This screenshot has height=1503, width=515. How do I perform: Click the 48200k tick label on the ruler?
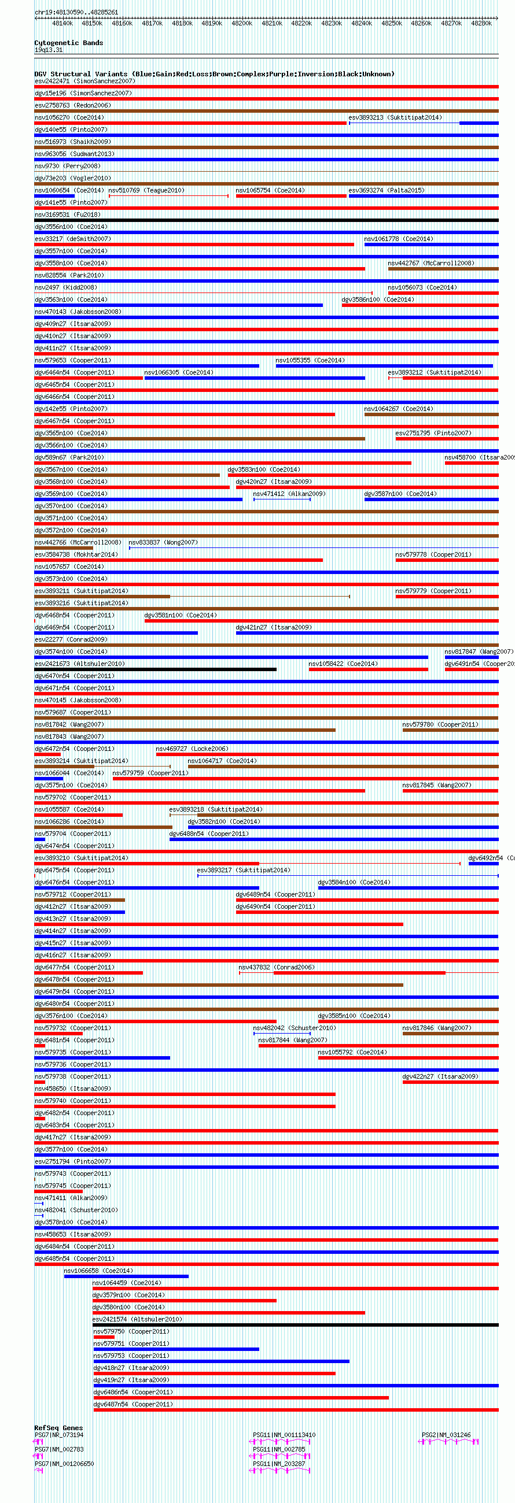pyautogui.click(x=242, y=23)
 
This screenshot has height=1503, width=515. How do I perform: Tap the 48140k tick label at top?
pyautogui.click(x=62, y=23)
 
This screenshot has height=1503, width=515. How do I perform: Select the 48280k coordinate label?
pyautogui.click(x=481, y=23)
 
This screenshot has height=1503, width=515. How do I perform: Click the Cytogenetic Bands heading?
pyautogui.click(x=68, y=43)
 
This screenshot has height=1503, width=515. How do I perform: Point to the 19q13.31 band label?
pyautogui.click(x=49, y=50)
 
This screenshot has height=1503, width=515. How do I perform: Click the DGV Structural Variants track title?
pyautogui.click(x=214, y=74)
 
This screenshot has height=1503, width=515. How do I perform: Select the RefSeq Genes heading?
pyautogui.click(x=58, y=1428)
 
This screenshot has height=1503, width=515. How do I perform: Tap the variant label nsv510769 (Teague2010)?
pyautogui.click(x=146, y=190)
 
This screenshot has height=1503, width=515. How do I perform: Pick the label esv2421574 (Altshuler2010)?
pyautogui.click(x=137, y=1319)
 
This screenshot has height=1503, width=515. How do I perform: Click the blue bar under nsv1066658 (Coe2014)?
pyautogui.click(x=126, y=1276)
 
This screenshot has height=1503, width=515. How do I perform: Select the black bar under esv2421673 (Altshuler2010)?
pyautogui.click(x=155, y=669)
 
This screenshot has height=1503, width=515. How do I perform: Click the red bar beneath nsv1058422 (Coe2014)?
pyautogui.click(x=368, y=669)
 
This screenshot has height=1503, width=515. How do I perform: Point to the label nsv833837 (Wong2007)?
pyautogui.click(x=163, y=543)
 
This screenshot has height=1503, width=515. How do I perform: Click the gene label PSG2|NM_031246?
pyautogui.click(x=446, y=1435)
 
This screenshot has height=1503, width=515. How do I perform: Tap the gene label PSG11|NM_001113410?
pyautogui.click(x=284, y=1435)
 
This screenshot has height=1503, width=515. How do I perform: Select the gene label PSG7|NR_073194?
pyautogui.click(x=59, y=1435)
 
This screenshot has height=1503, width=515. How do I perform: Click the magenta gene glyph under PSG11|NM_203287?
pyautogui.click(x=279, y=1470)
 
